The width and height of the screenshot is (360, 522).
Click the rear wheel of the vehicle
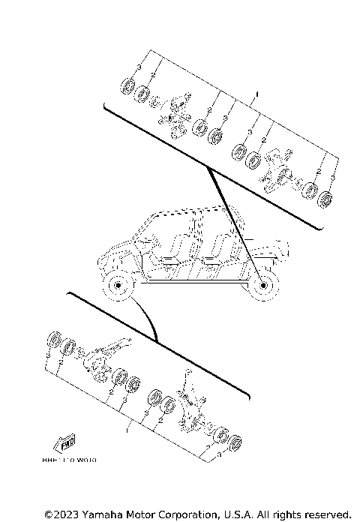point(263,285)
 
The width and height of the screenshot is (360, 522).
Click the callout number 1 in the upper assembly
point(257,95)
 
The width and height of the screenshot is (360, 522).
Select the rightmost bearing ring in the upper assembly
point(325,200)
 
